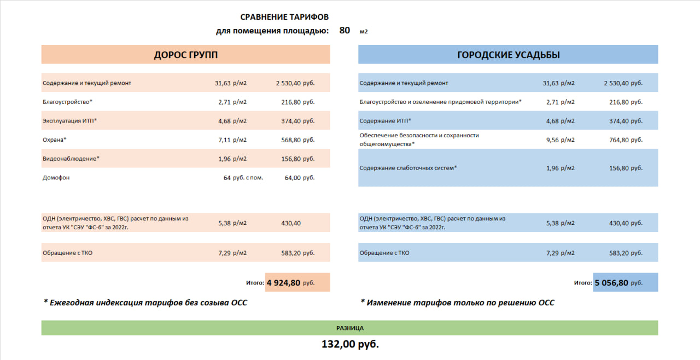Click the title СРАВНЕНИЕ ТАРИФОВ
coord(284,18)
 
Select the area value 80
coord(345,31)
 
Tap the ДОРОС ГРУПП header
coord(185,55)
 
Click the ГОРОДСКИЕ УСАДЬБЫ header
coord(508,55)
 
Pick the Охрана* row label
coord(55,140)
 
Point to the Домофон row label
coord(56,178)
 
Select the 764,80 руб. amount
coord(626,140)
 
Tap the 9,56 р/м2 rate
coord(561,140)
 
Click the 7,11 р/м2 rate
coord(232,140)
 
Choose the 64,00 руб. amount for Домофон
coord(300,178)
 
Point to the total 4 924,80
coord(283,283)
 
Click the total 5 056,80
coord(611,283)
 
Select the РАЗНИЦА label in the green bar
coord(350,328)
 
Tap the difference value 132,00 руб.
coord(350,345)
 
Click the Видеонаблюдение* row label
coord(71,159)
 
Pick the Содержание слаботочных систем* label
coord(408,168)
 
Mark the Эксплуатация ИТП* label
coord(69,121)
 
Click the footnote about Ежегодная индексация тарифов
coord(145,303)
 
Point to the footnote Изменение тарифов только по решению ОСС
coord(458,303)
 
